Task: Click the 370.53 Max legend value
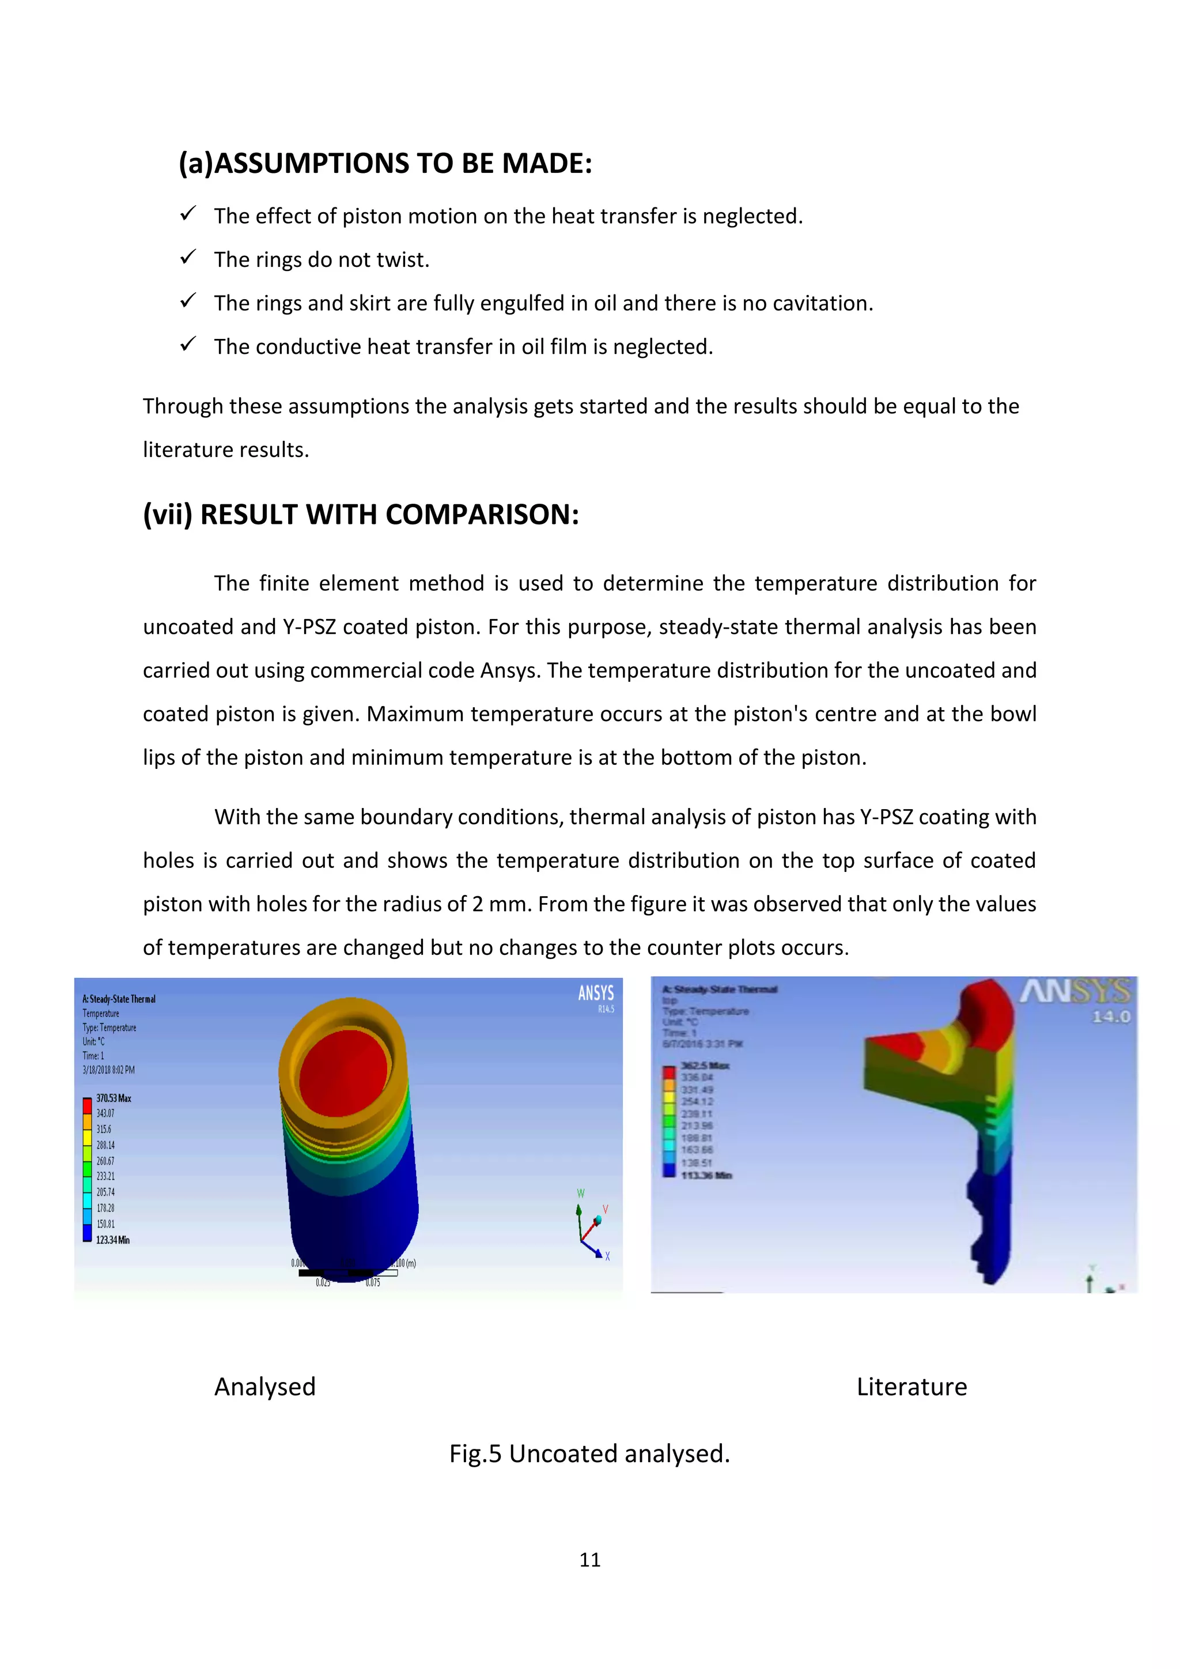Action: point(114,1098)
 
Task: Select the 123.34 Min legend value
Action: point(112,1240)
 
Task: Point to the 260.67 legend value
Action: point(105,1161)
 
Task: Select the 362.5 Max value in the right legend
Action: point(705,1066)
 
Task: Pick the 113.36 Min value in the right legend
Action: point(706,1176)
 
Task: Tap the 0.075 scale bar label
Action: point(373,1283)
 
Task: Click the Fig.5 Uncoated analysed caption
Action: point(589,1454)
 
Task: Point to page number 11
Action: point(589,1560)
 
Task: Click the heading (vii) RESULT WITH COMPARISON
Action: point(361,515)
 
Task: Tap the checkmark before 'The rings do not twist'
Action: point(188,258)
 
